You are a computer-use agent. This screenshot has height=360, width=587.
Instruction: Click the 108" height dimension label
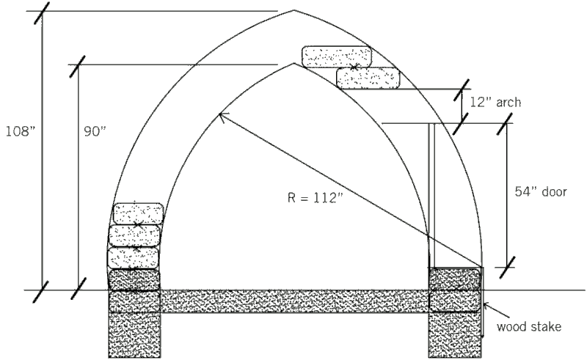click(x=21, y=131)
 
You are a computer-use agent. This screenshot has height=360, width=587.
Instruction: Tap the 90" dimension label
click(x=95, y=131)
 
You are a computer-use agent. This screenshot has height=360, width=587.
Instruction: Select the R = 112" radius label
click(x=316, y=197)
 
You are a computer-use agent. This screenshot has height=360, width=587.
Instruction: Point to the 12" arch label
click(x=495, y=102)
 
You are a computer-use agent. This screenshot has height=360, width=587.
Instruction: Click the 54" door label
click(x=541, y=191)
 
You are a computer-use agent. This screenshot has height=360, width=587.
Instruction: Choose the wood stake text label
click(x=529, y=327)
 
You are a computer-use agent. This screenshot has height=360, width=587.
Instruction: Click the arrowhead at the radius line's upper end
click(x=222, y=116)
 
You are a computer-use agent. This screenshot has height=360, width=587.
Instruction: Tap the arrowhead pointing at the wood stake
click(x=486, y=304)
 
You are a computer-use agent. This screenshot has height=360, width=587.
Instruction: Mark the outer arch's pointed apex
click(x=294, y=10)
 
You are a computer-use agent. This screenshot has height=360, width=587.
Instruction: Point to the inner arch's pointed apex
click(x=293, y=64)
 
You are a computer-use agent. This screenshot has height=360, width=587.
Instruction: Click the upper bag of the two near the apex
click(x=337, y=57)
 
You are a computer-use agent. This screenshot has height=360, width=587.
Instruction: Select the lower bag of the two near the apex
click(x=368, y=78)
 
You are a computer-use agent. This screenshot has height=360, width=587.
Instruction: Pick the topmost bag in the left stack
click(x=138, y=213)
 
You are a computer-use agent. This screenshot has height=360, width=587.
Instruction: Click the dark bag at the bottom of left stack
click(x=134, y=280)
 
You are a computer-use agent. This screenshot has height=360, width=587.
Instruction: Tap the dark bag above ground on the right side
click(x=454, y=279)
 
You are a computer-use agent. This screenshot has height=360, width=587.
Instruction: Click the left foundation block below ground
click(x=134, y=324)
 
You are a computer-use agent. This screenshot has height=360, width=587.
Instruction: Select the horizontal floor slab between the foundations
click(x=294, y=301)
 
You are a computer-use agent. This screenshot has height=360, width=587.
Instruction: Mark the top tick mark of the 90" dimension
click(x=78, y=66)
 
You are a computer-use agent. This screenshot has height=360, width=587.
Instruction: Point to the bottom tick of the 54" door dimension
click(x=507, y=267)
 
